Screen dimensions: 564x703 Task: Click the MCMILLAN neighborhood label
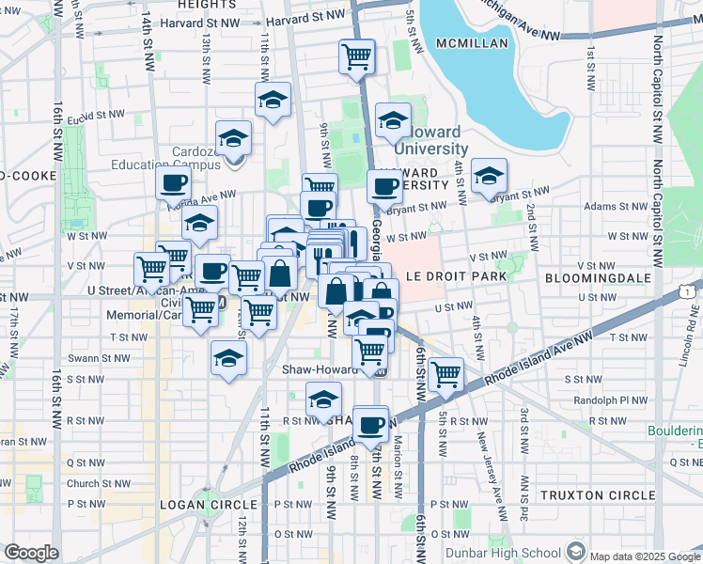[471, 43]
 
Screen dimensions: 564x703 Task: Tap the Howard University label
[430, 140]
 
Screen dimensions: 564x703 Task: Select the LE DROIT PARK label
[456, 276]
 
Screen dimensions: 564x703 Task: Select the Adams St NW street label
[612, 206]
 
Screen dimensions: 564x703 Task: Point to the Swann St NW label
[95, 359]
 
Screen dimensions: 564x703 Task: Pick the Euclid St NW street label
[95, 117]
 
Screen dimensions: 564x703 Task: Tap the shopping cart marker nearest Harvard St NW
[356, 56]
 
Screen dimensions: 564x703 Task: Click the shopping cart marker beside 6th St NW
[445, 373]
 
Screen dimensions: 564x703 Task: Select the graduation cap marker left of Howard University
[393, 120]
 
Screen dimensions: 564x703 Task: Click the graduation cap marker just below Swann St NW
[228, 358]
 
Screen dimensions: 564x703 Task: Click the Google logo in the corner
[31, 553]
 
